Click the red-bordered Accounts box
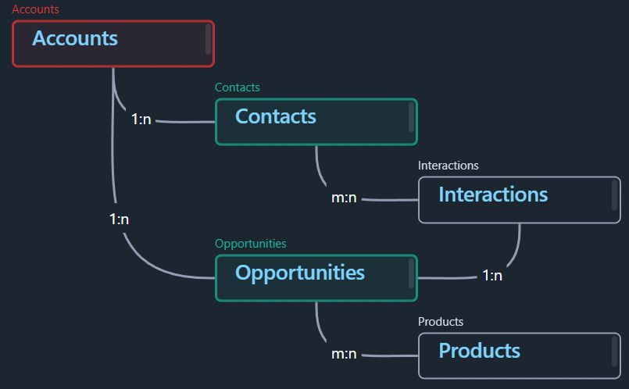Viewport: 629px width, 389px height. pos(113,44)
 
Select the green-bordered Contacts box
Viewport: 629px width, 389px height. pos(316,122)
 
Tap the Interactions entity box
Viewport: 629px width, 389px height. pos(520,200)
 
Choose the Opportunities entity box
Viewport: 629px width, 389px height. pos(316,278)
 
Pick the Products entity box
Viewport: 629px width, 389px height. pos(520,355)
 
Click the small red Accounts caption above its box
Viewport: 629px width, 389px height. pos(35,9)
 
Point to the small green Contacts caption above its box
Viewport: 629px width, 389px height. pos(237,87)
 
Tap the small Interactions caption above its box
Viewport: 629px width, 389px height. pos(448,166)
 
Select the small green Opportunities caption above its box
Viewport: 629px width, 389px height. pos(251,244)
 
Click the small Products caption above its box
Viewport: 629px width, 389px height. pos(441,321)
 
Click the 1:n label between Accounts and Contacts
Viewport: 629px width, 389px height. pos(141,119)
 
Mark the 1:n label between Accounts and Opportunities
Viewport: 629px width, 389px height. pos(119,219)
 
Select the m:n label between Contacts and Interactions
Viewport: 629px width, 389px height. pos(344,198)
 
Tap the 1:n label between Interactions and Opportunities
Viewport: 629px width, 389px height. pos(492,276)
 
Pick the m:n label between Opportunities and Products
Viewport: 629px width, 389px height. pos(344,354)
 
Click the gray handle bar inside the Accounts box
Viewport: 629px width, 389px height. pos(208,38)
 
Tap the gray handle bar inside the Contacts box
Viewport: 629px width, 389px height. pos(411,116)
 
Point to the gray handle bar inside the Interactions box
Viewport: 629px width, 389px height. pos(614,195)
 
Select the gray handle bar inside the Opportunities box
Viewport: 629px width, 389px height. pos(411,273)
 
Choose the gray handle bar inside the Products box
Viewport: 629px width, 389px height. pos(614,352)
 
